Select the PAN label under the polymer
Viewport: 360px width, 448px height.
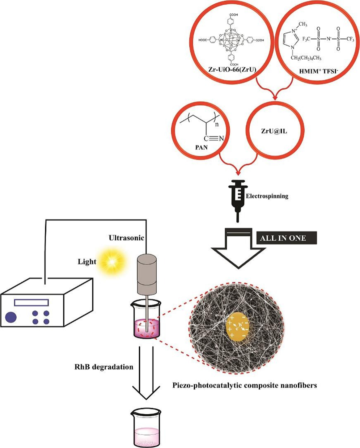[x=201, y=147]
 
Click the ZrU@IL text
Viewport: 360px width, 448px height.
[x=274, y=131]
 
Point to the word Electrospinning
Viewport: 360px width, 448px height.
[x=267, y=196]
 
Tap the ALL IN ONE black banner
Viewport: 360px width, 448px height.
[x=286, y=238]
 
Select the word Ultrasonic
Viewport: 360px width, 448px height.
[x=126, y=238]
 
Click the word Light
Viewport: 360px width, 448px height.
[x=87, y=262]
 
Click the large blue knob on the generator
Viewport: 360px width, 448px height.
[x=10, y=317]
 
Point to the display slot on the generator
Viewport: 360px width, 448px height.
[x=31, y=302]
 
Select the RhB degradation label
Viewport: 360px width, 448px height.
[x=104, y=367]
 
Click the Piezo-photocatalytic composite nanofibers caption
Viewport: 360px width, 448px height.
[x=244, y=386]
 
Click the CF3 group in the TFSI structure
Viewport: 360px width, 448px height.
[x=350, y=39]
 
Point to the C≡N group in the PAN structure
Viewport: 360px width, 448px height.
[x=216, y=139]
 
